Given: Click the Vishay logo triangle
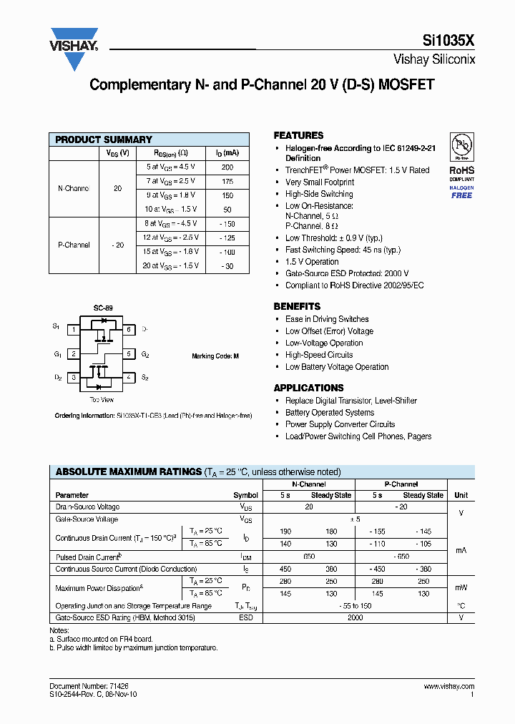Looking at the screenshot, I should [74, 53].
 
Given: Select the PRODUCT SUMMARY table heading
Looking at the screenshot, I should [104, 140].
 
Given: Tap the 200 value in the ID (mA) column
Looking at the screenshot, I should [227, 167].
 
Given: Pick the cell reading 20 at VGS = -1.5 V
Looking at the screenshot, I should [171, 265].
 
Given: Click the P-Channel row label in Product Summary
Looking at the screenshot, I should [74, 245].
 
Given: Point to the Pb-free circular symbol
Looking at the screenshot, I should [461, 147].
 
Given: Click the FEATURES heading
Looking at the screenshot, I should [298, 135].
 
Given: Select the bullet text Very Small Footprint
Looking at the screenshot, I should [319, 182].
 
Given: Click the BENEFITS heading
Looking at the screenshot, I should [297, 306].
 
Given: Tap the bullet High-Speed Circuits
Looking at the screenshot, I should [319, 355].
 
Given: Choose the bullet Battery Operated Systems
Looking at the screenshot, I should [329, 413].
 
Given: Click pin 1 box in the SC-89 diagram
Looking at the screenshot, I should [73, 330].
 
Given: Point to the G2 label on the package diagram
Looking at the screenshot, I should [145, 354].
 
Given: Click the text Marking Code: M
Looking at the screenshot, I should [215, 356].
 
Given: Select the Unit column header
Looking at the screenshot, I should [461, 495].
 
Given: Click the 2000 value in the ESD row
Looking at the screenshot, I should [355, 617].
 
